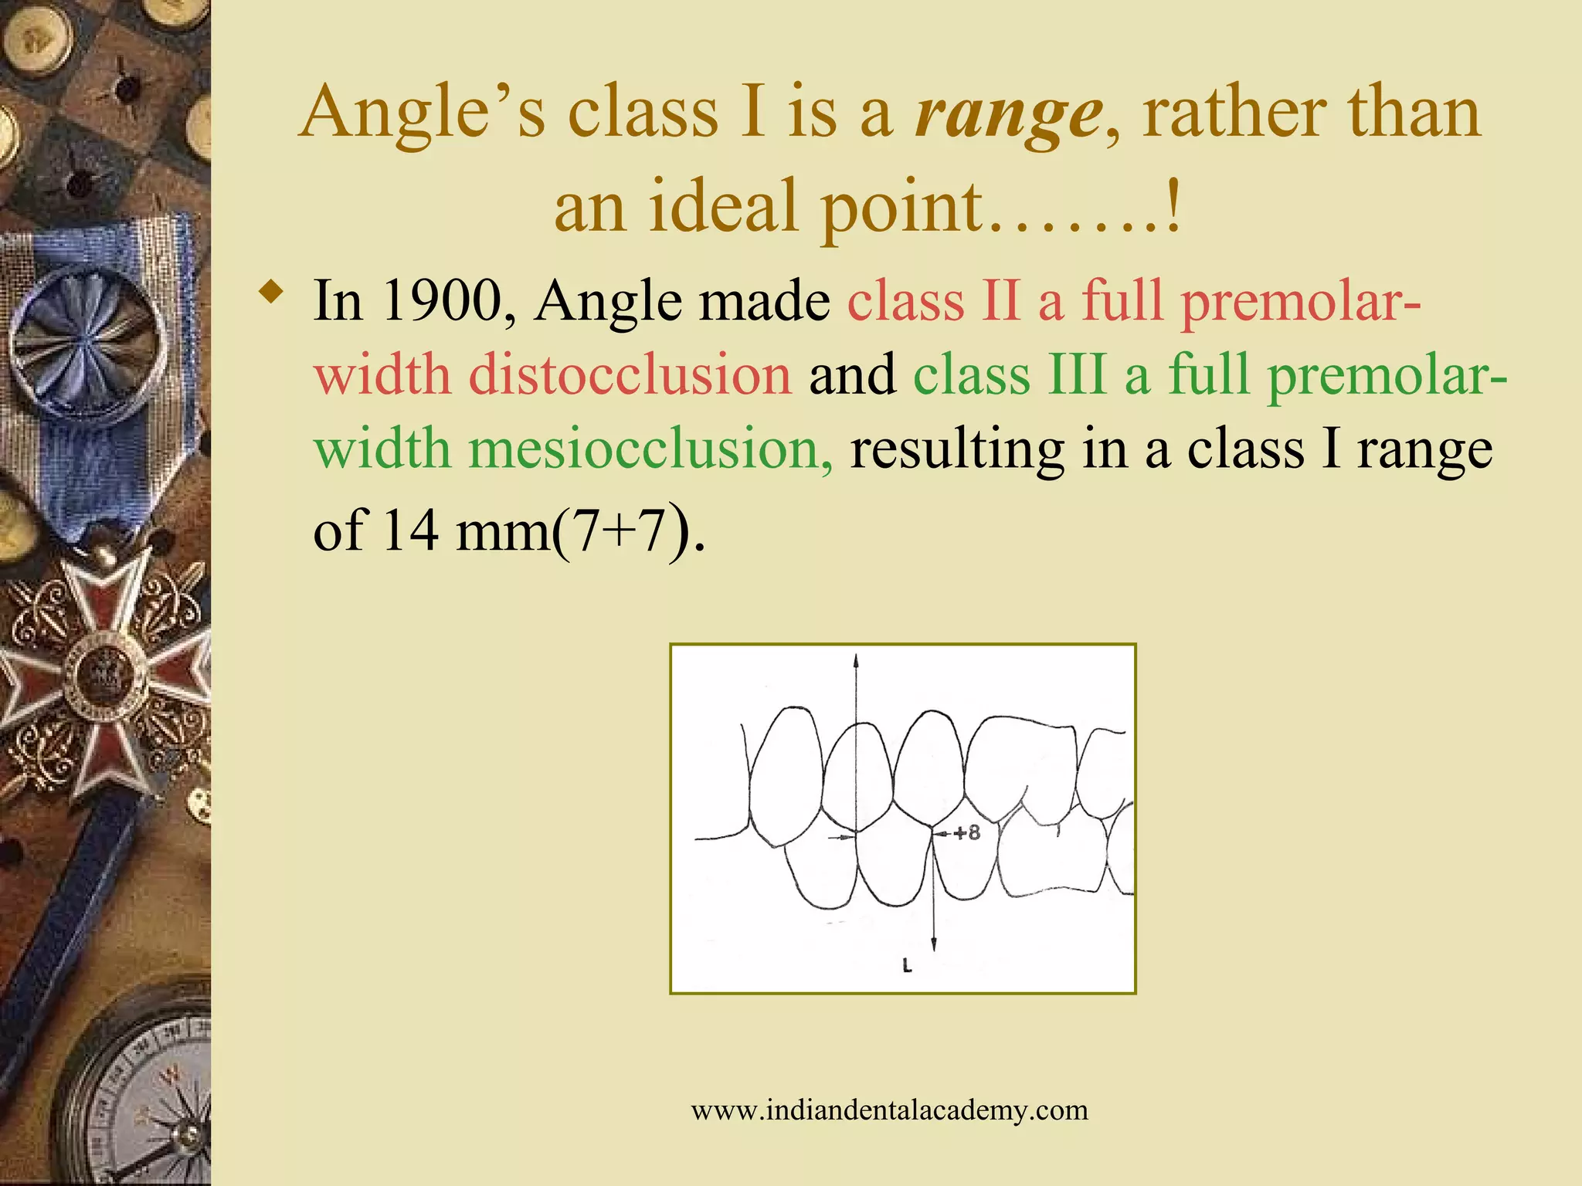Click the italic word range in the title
pos(1007,115)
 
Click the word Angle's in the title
pos(422,115)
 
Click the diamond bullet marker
pos(270,293)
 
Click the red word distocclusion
pos(630,375)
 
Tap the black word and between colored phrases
pos(852,375)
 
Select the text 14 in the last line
pos(410,530)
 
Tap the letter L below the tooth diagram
pos(907,964)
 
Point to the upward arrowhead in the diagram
pos(856,661)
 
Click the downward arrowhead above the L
pos(933,944)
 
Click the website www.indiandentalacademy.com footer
pos(889,1110)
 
